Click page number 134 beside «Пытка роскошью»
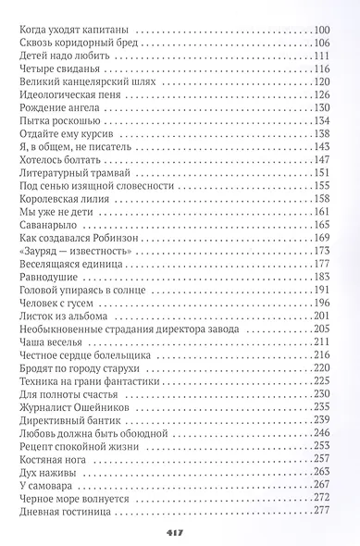(321, 120)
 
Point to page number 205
(321, 328)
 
